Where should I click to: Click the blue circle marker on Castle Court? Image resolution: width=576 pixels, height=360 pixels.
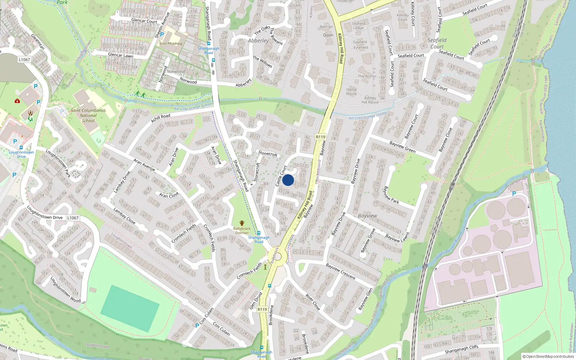[x=288, y=180]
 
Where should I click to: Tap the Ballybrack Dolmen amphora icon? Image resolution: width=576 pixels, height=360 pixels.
[x=242, y=223]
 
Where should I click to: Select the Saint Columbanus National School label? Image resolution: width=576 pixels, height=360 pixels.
[x=88, y=116]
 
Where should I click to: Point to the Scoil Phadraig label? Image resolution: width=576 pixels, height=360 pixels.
[x=171, y=44]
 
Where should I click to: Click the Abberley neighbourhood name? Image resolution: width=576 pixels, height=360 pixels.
[x=258, y=41]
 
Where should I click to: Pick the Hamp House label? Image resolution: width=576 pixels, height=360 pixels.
[x=351, y=91]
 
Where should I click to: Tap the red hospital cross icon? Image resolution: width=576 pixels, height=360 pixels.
[x=17, y=101]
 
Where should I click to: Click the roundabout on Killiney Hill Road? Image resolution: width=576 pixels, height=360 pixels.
[x=277, y=256]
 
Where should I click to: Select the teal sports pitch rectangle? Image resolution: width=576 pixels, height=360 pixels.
[x=130, y=308]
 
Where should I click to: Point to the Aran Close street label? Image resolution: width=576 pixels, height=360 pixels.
[x=169, y=195]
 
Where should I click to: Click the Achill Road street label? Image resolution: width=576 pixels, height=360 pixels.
[x=161, y=118]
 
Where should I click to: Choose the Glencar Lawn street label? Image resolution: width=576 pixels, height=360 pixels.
[x=121, y=55]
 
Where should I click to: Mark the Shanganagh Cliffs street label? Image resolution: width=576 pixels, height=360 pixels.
[x=462, y=349]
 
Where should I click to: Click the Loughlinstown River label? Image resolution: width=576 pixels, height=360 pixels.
[x=448, y=248]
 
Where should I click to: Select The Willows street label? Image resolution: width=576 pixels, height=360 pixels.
[x=262, y=62]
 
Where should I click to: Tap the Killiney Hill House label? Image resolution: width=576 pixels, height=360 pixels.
[x=370, y=100]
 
